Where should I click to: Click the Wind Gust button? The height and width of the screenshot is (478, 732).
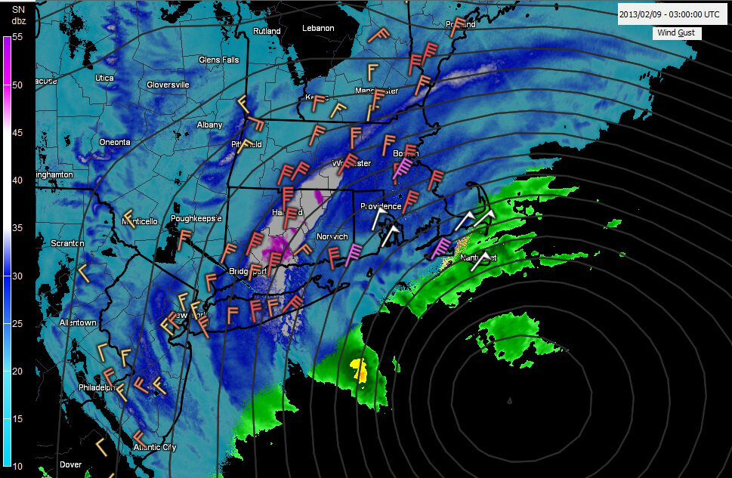click(x=676, y=33)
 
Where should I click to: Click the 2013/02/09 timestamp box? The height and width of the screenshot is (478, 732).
click(x=668, y=14)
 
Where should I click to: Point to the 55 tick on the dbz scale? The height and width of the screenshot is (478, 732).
click(x=17, y=37)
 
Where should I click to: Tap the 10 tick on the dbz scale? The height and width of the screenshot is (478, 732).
click(x=17, y=466)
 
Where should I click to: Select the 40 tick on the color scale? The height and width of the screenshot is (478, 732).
click(x=17, y=180)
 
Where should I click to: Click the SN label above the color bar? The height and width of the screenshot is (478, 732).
click(x=19, y=8)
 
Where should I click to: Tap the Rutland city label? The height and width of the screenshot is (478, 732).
click(x=267, y=31)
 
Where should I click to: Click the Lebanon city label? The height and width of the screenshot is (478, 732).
click(x=318, y=28)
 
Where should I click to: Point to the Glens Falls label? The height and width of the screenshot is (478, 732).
click(x=219, y=60)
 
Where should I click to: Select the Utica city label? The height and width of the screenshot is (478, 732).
click(x=104, y=78)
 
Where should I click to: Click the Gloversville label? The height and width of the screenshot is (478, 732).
click(x=168, y=85)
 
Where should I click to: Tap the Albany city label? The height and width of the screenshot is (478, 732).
click(x=209, y=125)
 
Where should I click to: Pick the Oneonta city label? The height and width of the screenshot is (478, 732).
click(x=115, y=142)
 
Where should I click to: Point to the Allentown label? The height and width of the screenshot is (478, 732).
click(x=79, y=323)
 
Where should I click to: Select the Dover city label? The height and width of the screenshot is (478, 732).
click(x=70, y=464)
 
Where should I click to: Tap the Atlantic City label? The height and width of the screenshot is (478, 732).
click(x=154, y=447)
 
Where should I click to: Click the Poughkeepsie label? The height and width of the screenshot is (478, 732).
click(x=196, y=218)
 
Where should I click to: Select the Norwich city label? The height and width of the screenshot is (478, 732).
click(x=332, y=236)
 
